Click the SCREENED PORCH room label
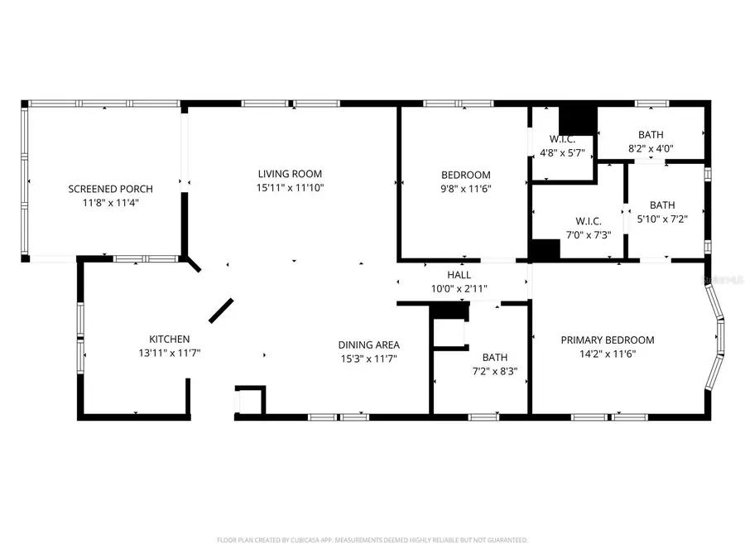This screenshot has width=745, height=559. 110,189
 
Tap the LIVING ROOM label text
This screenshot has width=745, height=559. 289,174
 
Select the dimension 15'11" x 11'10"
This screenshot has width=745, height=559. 289,187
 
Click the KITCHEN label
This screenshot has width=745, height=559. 170,340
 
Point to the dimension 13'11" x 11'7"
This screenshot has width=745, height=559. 170,353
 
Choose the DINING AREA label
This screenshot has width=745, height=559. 369,345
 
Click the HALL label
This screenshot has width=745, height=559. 459,275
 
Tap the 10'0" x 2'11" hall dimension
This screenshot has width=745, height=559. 459,288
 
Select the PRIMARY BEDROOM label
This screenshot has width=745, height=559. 608,340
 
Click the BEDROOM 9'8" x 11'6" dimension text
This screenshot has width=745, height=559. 465,189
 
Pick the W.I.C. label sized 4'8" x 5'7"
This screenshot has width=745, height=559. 562,138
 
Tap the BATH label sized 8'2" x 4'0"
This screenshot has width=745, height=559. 650,135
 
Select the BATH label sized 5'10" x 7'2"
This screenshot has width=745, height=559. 661,205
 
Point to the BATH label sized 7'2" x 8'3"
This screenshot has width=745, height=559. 494,358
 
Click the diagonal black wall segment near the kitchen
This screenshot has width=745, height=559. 221,310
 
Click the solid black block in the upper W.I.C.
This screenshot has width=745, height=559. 578,119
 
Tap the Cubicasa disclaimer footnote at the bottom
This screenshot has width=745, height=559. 372,540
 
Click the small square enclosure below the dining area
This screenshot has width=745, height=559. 251,401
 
